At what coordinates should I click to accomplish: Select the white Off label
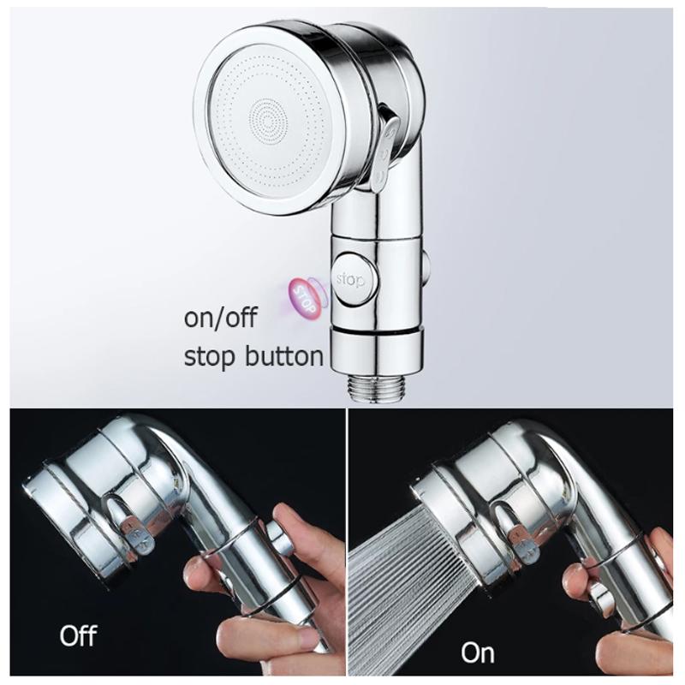tap(78, 635)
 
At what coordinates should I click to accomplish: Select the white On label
tap(477, 652)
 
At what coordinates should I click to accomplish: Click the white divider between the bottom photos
tap(346, 548)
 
